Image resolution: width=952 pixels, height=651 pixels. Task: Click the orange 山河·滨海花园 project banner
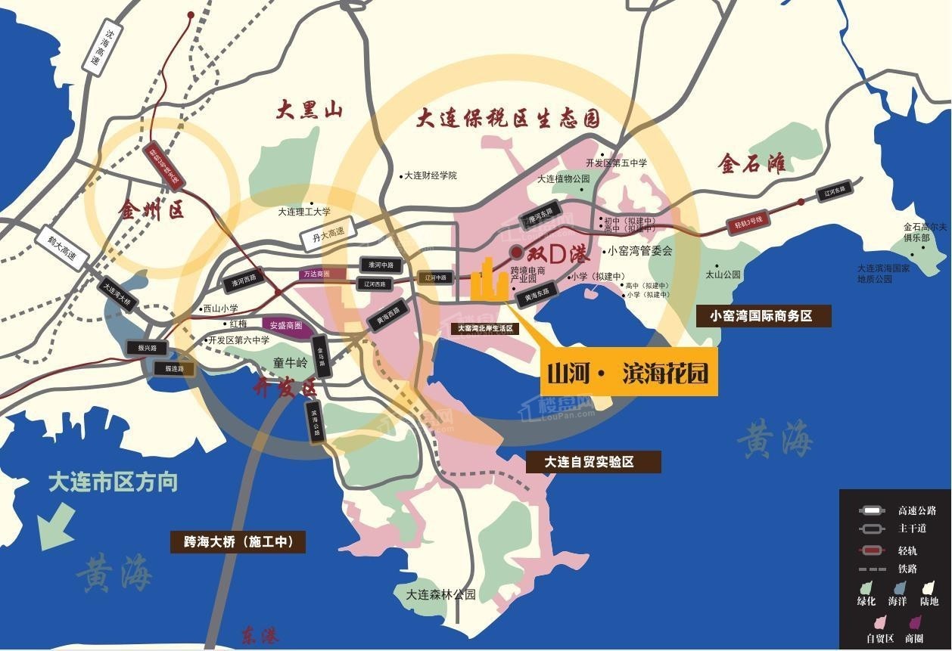628,374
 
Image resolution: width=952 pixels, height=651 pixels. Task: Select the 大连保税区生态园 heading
509,119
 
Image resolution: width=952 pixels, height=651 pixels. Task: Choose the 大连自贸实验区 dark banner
590,461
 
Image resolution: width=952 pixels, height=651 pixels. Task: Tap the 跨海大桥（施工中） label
238,541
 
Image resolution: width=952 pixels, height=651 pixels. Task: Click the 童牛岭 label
291,363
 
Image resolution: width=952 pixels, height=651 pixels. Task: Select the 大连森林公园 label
440,594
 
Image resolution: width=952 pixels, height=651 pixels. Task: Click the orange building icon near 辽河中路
489,281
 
